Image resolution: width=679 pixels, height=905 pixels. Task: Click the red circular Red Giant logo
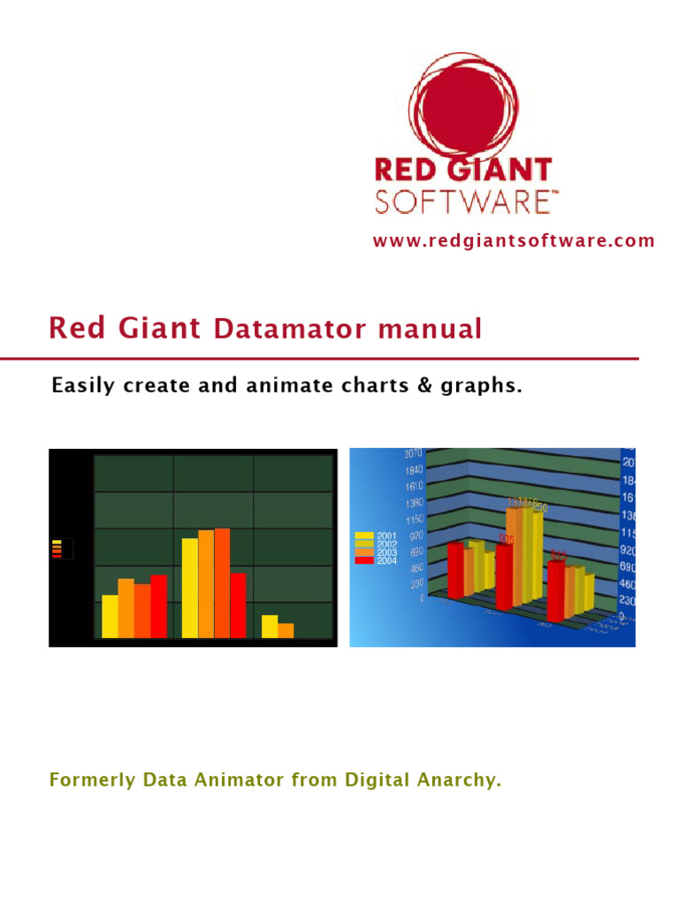[462, 104]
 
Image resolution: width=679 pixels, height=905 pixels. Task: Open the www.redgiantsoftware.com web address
[514, 240]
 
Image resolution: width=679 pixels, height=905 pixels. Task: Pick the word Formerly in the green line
[87, 780]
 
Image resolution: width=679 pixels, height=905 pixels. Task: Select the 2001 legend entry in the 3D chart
[375, 536]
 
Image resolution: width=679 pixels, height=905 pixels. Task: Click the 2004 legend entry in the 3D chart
[375, 560]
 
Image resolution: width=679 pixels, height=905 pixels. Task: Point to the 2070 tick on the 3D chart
[414, 453]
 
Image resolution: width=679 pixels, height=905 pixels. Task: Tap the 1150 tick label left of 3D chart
[414, 518]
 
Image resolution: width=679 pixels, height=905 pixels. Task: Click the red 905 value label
[506, 539]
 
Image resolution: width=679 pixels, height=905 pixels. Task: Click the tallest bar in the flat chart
[222, 582]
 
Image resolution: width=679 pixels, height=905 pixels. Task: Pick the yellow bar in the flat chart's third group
[270, 626]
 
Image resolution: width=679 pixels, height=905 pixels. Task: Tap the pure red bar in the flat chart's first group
[158, 605]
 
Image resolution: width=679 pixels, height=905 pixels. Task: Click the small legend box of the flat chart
[61, 549]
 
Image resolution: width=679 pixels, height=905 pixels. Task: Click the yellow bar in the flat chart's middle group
[190, 587]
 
